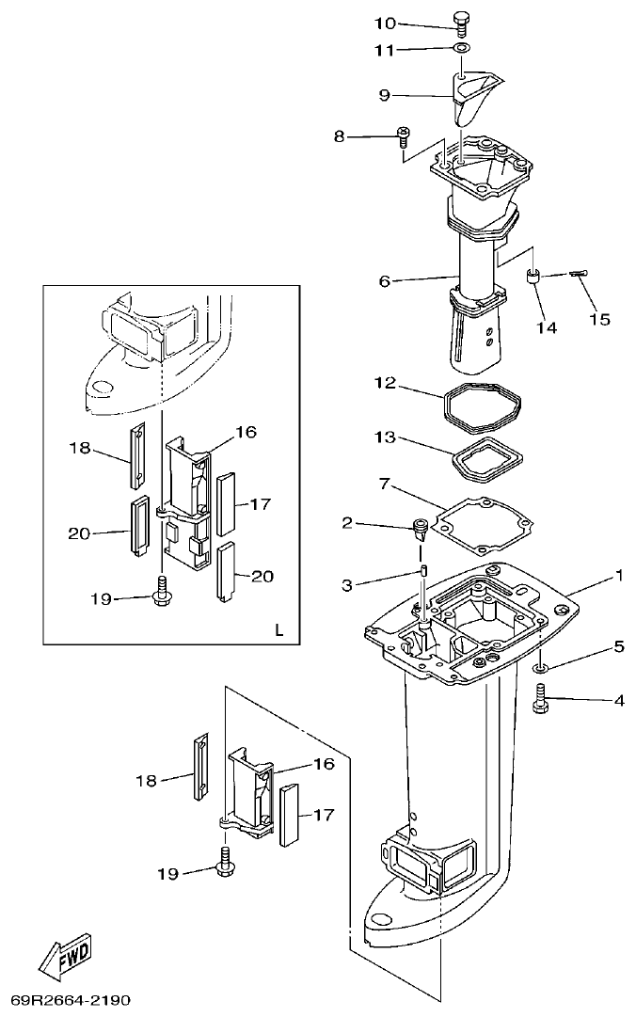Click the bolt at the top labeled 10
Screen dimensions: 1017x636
460,22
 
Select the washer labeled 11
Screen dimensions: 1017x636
461,48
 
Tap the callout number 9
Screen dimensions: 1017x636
384,95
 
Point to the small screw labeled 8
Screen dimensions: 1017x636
403,136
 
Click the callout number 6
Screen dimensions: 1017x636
384,280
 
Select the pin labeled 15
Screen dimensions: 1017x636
578,274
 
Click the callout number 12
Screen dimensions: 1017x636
384,383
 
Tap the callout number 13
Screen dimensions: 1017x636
384,438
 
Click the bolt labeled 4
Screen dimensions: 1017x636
541,701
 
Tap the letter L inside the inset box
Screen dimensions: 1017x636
279,629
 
